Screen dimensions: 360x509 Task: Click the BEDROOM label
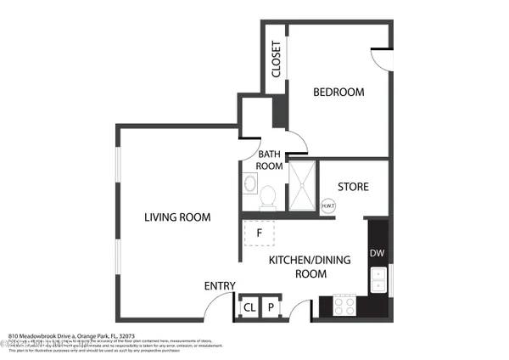[x=338, y=93]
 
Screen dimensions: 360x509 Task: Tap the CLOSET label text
[x=276, y=59]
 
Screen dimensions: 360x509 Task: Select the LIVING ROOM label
[x=176, y=217]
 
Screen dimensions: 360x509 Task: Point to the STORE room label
[x=353, y=187]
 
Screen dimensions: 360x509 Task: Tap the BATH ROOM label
[x=269, y=160]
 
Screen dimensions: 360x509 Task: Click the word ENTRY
[x=220, y=285]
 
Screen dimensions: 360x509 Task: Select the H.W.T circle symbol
[x=327, y=205]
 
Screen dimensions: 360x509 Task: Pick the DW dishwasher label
[x=377, y=253]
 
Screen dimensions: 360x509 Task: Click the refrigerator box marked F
[x=260, y=231]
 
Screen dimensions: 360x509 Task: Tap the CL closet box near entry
[x=249, y=307]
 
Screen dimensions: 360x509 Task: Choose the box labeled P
[x=271, y=307]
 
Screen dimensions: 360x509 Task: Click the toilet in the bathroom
[x=269, y=197]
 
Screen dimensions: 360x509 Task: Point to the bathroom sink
[x=250, y=185]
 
